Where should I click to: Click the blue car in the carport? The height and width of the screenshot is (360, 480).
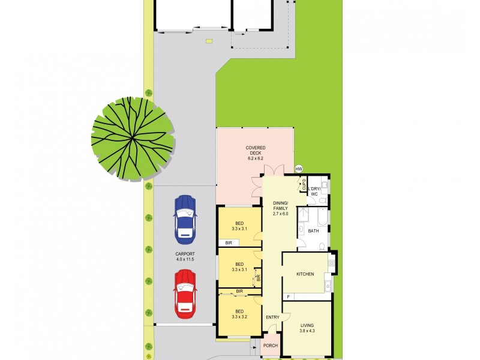tap(185, 217)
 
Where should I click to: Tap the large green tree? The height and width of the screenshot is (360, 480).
tap(133, 139)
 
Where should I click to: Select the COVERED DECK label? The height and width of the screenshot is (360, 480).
tap(255, 152)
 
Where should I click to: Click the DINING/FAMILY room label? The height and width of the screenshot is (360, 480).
tap(280, 208)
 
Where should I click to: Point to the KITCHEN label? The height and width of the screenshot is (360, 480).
tap(305, 274)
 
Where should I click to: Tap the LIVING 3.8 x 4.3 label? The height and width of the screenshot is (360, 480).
tap(307, 327)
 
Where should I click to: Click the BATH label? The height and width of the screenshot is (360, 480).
tap(313, 230)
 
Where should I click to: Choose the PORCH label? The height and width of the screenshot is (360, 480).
tap(271, 346)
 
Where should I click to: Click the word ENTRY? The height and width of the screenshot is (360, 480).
tap(273, 317)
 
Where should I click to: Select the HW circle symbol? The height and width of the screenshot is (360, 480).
tap(299, 170)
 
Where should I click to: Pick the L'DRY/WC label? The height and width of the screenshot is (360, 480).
tap(315, 191)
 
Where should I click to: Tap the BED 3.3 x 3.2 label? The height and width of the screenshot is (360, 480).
tap(239, 314)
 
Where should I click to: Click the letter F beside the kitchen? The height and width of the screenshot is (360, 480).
tap(287, 296)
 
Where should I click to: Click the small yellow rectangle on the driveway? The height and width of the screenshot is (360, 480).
tap(208, 41)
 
